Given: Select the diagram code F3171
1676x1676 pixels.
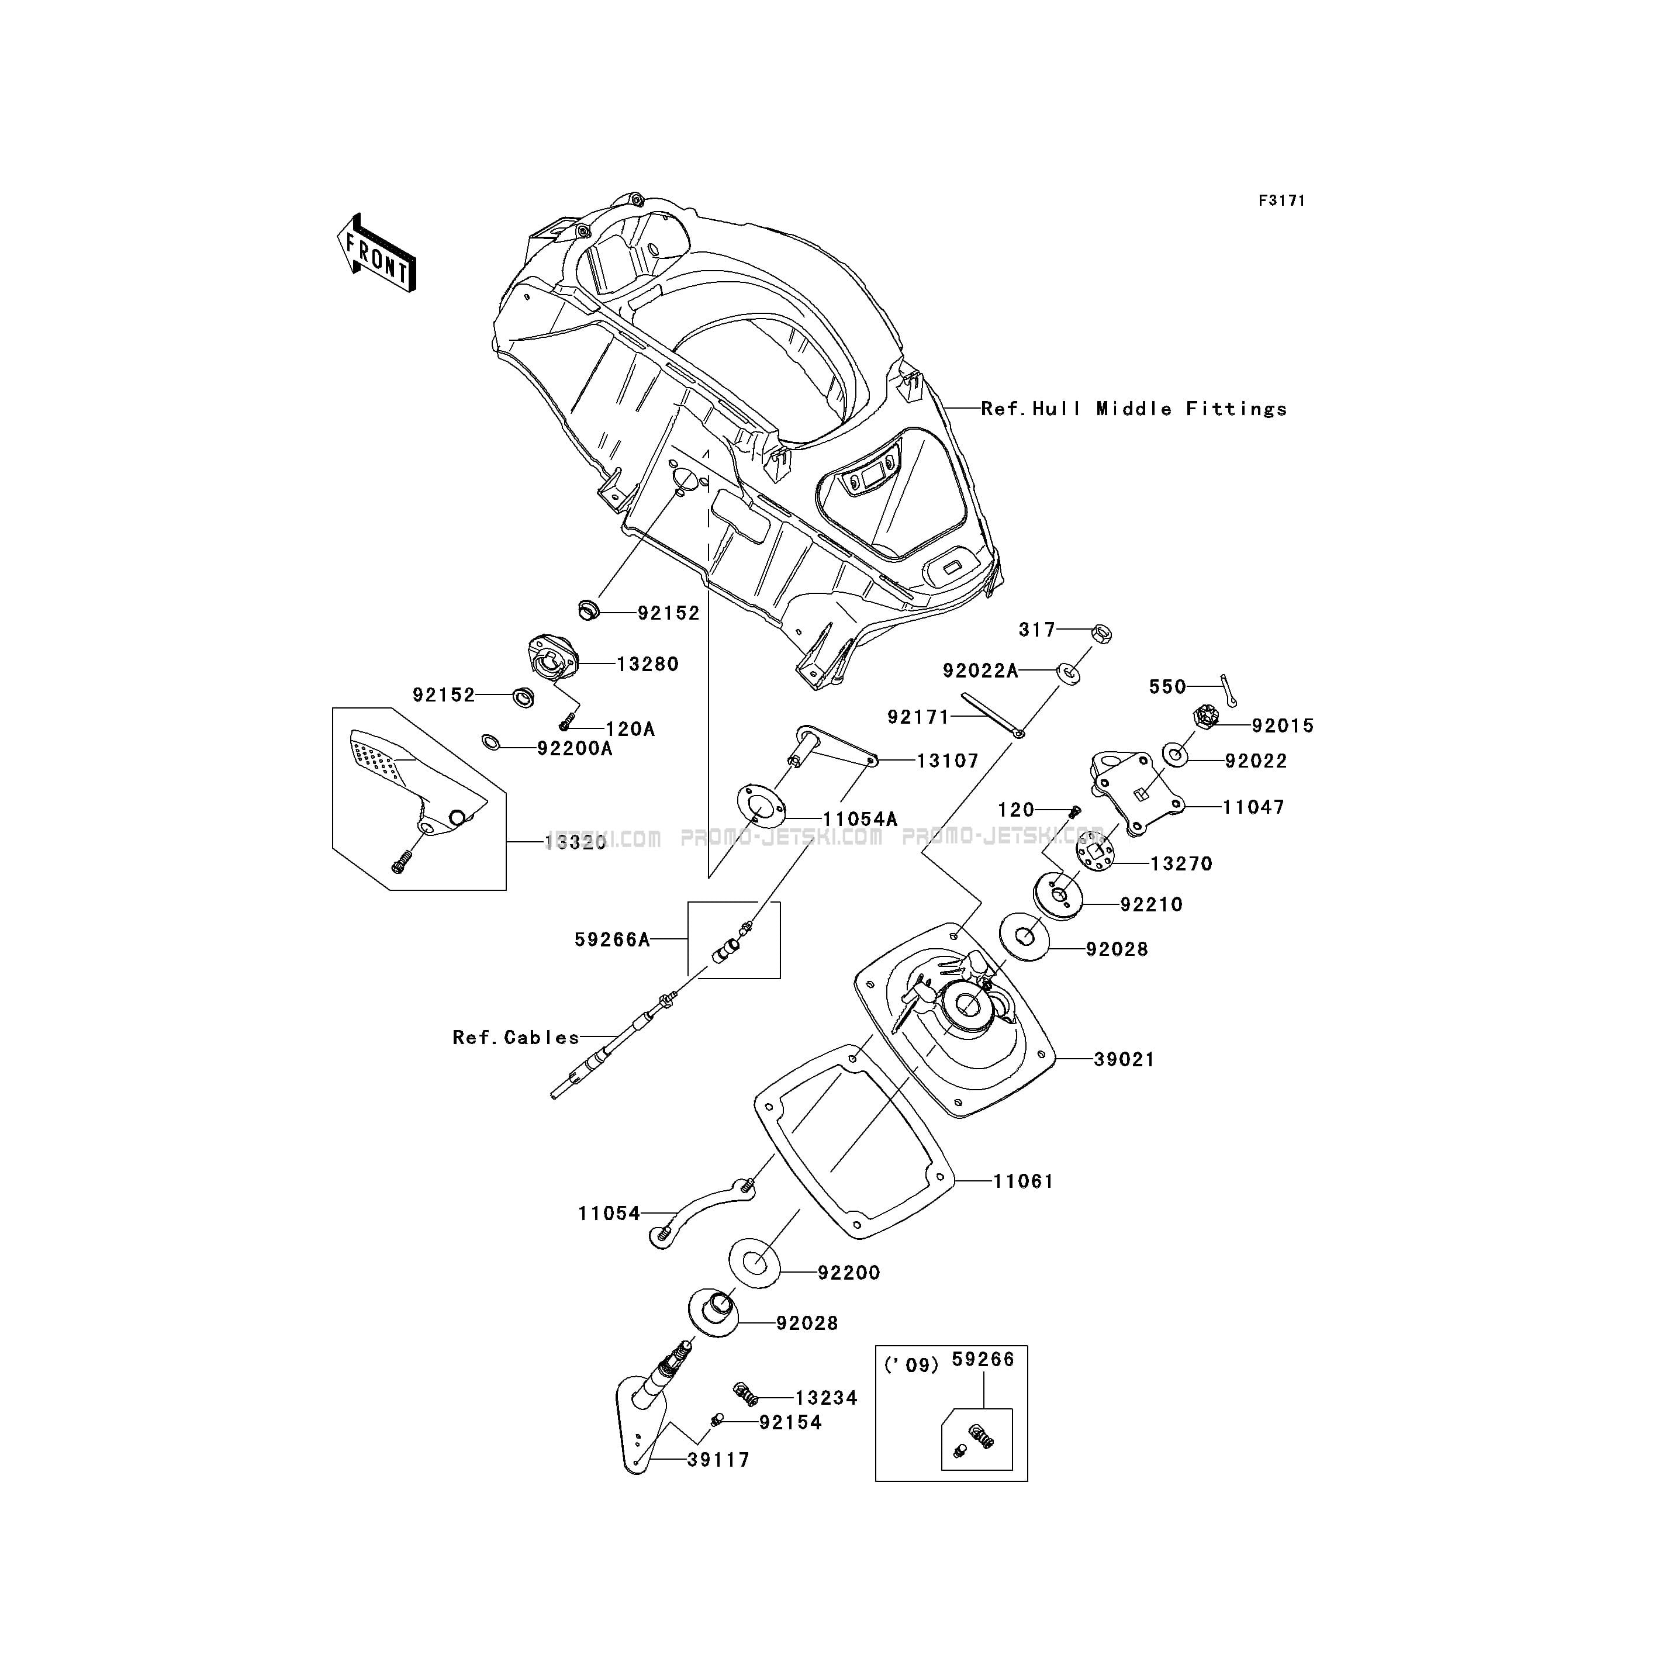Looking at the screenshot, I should pos(1281,201).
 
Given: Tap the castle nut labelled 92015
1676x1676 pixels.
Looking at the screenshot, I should pos(1208,717).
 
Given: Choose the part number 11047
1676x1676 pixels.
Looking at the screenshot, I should pos(1253,807).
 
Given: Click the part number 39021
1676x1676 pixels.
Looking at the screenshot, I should pos(1124,1059).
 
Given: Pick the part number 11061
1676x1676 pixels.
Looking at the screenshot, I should pos(1023,1181).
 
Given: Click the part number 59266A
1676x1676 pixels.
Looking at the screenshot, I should pos(611,939).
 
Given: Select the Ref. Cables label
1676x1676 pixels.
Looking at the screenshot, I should pos(515,1038).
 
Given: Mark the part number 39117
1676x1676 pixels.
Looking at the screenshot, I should pos(718,1460).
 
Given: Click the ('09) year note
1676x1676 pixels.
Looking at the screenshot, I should pos(911,1366).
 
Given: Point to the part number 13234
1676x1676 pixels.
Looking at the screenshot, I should pos(826,1398).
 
